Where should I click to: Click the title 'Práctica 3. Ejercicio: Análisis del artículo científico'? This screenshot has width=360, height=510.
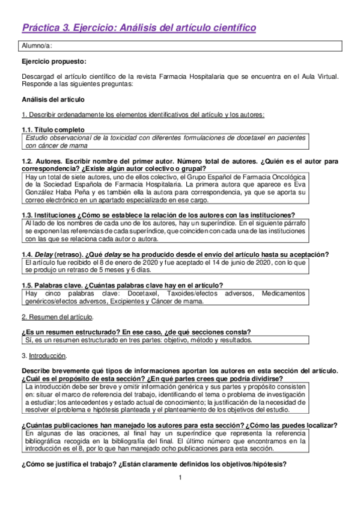click(139, 28)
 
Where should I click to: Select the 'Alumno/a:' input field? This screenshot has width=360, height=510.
click(180, 46)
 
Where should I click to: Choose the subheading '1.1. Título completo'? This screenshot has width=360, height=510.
click(53, 129)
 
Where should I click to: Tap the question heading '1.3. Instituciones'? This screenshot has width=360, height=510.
click(57, 215)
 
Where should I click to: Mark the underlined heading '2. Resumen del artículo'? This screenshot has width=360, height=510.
click(57, 316)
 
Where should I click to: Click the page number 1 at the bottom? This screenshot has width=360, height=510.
click(180, 478)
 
